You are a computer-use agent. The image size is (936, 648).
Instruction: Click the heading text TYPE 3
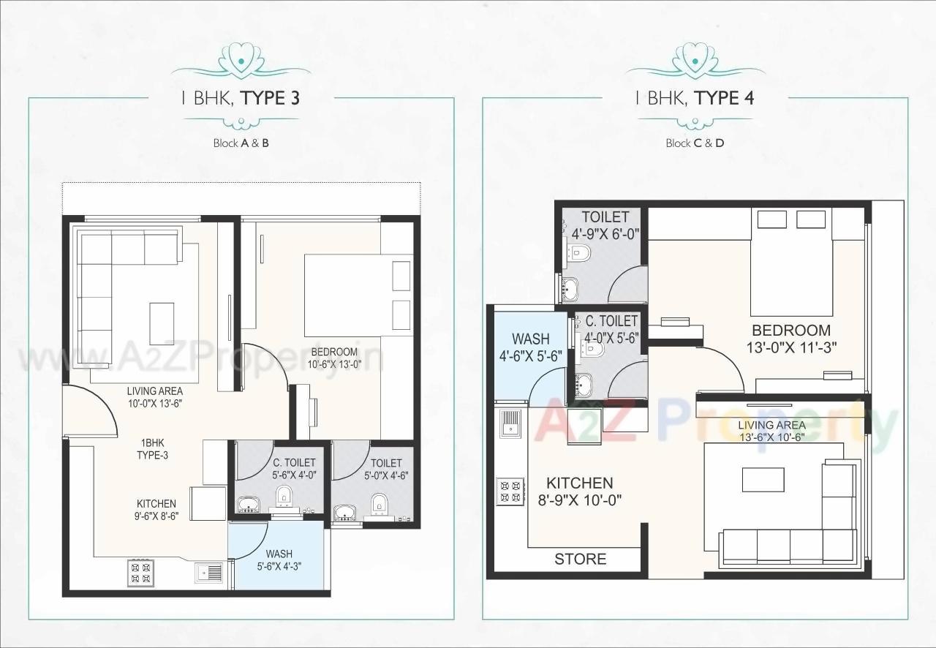(x=271, y=98)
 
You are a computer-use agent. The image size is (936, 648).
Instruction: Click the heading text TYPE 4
(x=724, y=98)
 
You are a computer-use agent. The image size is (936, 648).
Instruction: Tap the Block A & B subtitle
(x=241, y=143)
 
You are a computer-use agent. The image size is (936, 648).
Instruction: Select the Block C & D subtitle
(x=695, y=143)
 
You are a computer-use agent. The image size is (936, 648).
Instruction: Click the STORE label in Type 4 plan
(x=580, y=560)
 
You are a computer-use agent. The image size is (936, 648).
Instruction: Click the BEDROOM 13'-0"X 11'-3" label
(x=790, y=339)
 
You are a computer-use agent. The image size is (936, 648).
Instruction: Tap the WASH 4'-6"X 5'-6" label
(x=530, y=347)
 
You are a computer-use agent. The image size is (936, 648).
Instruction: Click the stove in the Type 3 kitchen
(x=140, y=572)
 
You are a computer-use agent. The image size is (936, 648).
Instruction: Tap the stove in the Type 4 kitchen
(x=510, y=491)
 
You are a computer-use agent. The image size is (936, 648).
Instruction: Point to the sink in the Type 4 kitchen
(x=510, y=422)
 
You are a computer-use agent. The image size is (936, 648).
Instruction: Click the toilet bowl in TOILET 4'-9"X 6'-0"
(x=580, y=254)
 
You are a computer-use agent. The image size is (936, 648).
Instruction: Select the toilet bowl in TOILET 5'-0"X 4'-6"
(x=379, y=504)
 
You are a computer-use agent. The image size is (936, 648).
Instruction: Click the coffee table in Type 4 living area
(x=763, y=481)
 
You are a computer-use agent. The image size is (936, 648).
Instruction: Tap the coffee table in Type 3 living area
(x=162, y=323)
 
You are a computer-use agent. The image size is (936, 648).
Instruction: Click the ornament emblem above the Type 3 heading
(x=241, y=59)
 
